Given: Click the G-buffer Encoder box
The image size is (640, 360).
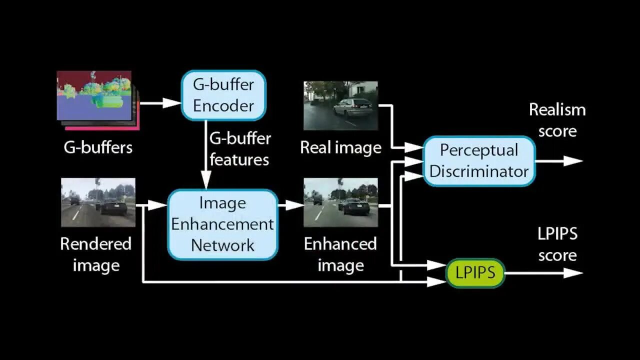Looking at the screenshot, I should click(x=223, y=95).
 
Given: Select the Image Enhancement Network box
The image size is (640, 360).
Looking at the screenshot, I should click(x=222, y=224).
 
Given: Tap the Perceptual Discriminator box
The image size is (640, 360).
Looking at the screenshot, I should click(x=479, y=160).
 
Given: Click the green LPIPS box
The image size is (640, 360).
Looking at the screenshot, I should click(x=475, y=272).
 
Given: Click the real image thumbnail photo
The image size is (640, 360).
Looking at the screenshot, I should click(x=340, y=105).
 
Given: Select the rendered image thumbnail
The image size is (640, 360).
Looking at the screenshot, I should click(x=98, y=202).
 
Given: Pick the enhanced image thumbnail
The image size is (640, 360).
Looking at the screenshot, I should click(x=340, y=202).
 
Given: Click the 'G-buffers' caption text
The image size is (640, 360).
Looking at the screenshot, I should click(x=98, y=147).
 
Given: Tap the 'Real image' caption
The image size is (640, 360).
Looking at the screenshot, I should click(x=340, y=147).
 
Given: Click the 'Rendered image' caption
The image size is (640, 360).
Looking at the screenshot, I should click(x=96, y=254).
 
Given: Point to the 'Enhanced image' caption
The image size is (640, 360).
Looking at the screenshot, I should click(x=340, y=254).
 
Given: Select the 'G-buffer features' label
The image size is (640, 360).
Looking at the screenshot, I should click(x=239, y=149).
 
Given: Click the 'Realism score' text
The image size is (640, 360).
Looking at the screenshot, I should click(x=557, y=120).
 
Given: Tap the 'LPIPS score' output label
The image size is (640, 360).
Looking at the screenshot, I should click(x=557, y=244).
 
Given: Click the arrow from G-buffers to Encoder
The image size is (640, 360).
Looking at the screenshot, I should click(x=160, y=103).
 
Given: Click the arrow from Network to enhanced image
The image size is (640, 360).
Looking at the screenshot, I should click(x=291, y=204).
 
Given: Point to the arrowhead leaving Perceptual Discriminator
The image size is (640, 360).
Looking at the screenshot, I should click(x=573, y=160).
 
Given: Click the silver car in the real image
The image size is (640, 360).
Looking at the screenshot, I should click(x=352, y=107).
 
